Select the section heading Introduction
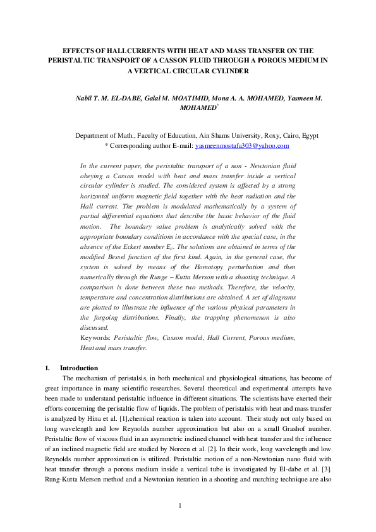pyautogui.click(x=79, y=368)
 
